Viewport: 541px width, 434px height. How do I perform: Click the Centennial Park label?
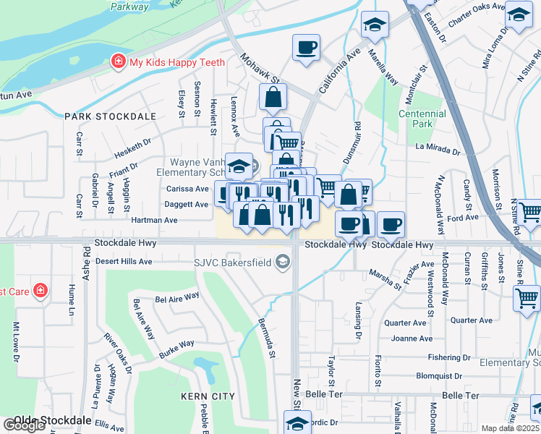422,119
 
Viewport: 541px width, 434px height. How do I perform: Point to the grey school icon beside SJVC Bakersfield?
284,262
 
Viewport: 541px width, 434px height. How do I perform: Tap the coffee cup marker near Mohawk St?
306,48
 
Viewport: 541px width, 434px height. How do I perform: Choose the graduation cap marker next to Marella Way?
375,25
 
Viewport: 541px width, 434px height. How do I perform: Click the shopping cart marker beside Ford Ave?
529,212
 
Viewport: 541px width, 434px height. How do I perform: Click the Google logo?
23,425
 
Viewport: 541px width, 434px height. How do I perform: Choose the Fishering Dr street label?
450,357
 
